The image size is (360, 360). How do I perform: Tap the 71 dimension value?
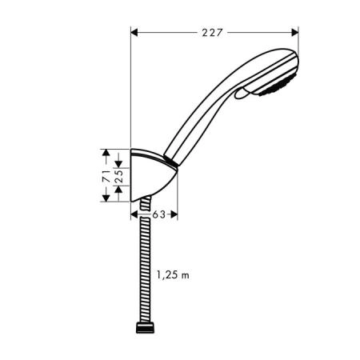point(106,174)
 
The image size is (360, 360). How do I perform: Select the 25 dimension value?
point(118,174)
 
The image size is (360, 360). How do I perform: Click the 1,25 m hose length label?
point(172,275)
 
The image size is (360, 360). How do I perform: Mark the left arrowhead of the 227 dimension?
point(134,33)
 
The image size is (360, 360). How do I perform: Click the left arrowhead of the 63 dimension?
point(134,214)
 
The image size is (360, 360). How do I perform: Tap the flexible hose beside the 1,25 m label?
point(144,275)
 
